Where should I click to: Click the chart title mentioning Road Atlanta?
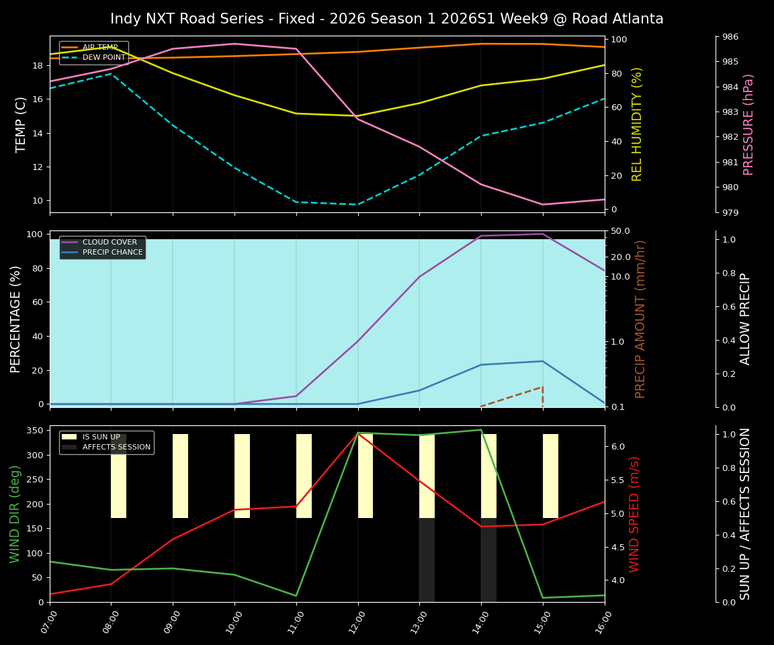coord(386,19)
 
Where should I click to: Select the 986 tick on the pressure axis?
coord(730,37)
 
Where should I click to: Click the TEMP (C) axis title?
coord(21,124)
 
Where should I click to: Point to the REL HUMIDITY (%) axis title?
coord(637,124)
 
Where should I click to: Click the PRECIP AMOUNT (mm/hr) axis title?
coord(640,319)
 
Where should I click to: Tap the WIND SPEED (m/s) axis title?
coord(634,514)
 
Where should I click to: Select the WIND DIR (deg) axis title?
coord(15,514)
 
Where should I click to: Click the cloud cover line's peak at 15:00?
coord(543,234)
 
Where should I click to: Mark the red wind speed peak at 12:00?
coord(357,434)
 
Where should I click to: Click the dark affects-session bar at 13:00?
coord(427,560)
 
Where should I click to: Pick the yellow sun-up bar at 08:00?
coord(118,476)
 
